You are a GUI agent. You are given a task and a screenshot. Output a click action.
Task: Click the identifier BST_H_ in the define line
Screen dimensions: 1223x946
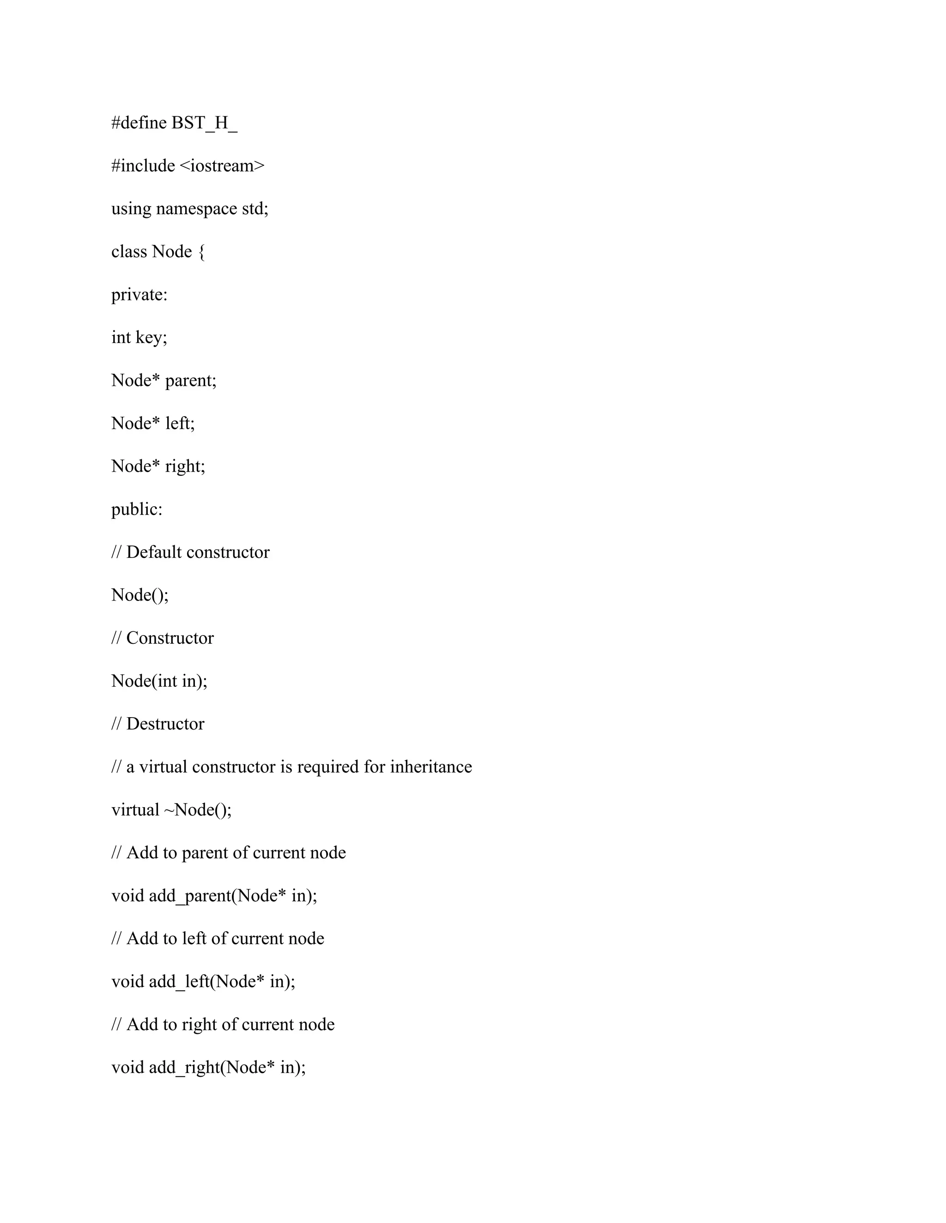click(205, 123)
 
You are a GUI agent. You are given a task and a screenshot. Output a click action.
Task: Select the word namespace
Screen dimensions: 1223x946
click(196, 209)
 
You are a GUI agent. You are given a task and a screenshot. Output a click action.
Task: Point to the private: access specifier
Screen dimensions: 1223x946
click(139, 294)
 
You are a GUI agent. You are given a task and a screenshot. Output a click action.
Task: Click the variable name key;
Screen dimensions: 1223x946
click(152, 338)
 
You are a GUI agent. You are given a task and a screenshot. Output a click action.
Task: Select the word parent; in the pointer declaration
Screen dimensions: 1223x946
click(191, 381)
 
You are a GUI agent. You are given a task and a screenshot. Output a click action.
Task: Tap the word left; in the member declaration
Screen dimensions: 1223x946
click(180, 423)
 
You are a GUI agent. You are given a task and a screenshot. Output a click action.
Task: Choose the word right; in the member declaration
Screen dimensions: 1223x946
click(185, 467)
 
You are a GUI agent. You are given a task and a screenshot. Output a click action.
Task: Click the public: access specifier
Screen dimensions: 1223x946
click(137, 510)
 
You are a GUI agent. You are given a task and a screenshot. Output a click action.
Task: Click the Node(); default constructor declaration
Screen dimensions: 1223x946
click(139, 595)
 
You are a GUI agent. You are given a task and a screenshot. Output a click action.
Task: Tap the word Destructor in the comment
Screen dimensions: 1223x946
click(165, 724)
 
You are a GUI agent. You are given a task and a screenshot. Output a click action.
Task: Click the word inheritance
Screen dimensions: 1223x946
click(431, 767)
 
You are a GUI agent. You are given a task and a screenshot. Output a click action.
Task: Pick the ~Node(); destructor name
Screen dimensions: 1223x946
click(197, 810)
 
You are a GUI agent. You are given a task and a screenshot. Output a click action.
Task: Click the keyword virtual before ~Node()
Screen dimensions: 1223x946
click(135, 810)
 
